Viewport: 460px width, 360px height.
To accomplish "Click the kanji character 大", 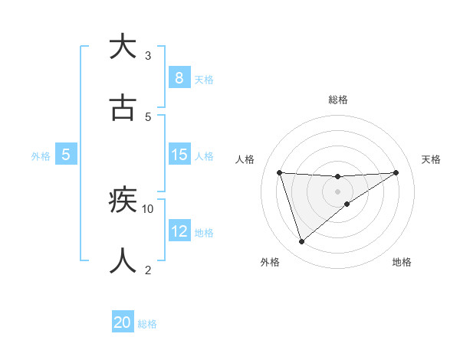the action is tap(122, 47).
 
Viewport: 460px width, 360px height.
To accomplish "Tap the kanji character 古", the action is tap(122, 108).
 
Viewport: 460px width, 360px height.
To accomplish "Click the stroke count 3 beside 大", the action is tap(148, 55).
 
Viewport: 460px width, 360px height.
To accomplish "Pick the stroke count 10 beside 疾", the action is tap(148, 208).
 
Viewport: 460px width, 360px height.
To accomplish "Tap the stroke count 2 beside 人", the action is tap(148, 270).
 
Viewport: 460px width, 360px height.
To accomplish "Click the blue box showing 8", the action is tap(179, 78).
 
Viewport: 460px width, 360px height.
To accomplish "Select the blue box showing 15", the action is tap(179, 155).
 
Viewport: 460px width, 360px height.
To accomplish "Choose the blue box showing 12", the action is tap(179, 231).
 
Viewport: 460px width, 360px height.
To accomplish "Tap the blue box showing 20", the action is tap(123, 323).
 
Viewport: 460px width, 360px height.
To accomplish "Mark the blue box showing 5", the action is tap(66, 155).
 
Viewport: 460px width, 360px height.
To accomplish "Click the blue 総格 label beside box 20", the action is tap(147, 324).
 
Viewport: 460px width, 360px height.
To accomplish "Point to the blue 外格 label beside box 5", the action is tap(41, 155).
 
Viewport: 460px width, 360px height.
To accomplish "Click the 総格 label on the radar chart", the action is tap(337, 100).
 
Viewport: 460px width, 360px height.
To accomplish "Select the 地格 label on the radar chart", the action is tap(402, 262).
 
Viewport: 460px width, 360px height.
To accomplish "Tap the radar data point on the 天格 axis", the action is tap(396, 172).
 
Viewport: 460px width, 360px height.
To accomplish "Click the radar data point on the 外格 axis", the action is tap(301, 242).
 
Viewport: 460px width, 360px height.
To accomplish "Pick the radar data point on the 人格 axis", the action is tap(280, 172).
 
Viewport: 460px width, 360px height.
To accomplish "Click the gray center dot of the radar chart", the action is tap(337, 191).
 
